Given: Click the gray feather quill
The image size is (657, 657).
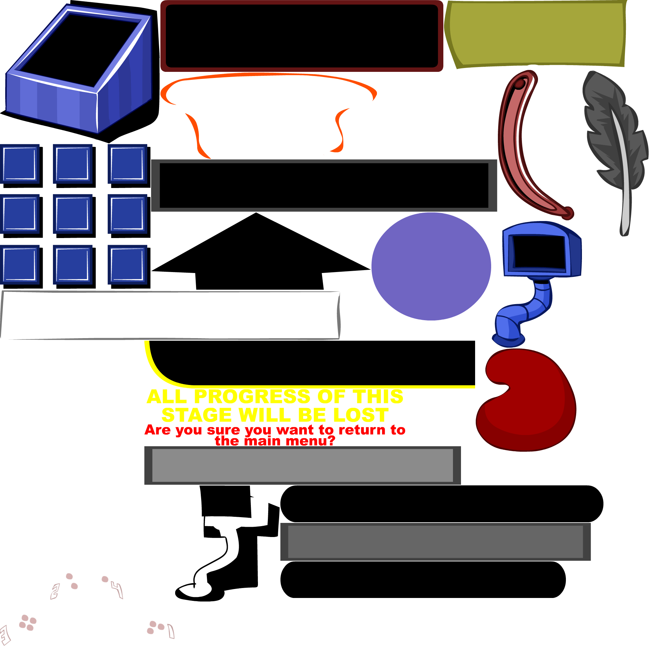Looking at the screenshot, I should (612, 136).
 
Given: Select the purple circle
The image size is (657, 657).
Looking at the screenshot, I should (431, 266).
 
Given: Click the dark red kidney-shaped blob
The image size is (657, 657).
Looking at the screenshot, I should (531, 408).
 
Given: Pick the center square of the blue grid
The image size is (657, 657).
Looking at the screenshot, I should (73, 214).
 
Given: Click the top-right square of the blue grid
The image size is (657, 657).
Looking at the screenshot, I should (127, 164).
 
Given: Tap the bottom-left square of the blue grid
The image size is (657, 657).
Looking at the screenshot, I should (19, 265).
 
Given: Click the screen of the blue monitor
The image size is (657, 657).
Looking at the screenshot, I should (540, 252).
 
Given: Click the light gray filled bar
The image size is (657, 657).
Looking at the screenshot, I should (302, 465).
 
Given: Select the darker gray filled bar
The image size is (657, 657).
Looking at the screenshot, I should (435, 542).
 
